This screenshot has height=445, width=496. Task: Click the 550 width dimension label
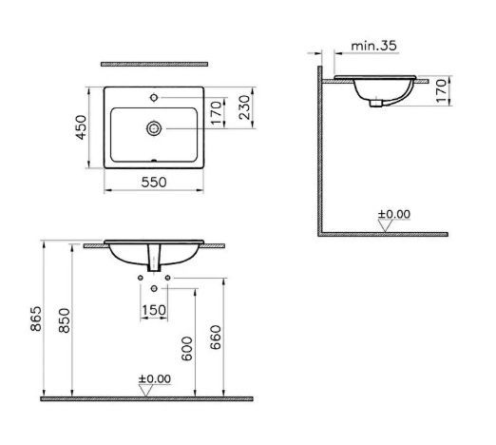154,183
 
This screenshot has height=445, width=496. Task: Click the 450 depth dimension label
81,127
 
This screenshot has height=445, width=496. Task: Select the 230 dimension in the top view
244,107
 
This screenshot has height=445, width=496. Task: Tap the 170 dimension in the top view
216,113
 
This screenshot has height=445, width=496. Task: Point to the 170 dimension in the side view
441,91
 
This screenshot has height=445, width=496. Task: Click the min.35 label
373,46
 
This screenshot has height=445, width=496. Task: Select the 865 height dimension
36,319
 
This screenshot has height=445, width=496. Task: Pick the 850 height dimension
65,320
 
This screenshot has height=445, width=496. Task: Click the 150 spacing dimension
154,310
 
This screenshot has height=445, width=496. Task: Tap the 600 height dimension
187,349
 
